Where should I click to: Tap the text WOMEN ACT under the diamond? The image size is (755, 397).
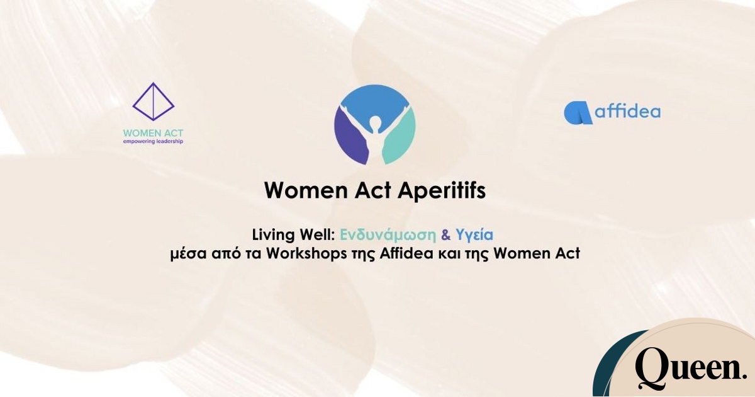click(x=153, y=133)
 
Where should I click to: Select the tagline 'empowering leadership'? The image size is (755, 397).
click(x=153, y=141)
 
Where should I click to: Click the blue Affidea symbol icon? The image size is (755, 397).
click(x=578, y=113)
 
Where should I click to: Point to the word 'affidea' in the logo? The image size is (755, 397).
click(x=628, y=111)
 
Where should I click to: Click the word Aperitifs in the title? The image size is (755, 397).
click(x=442, y=191)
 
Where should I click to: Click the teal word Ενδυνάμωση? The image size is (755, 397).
click(x=388, y=235)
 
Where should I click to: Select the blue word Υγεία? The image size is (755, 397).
click(x=474, y=235)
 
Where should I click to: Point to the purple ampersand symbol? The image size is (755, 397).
click(x=446, y=235)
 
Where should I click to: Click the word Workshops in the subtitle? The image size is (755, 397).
click(x=307, y=254)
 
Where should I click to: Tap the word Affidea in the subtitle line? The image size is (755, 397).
click(x=406, y=253)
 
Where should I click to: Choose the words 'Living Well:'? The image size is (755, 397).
click(x=294, y=235)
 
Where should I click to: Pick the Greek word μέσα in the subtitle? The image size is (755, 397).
click(x=188, y=254)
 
